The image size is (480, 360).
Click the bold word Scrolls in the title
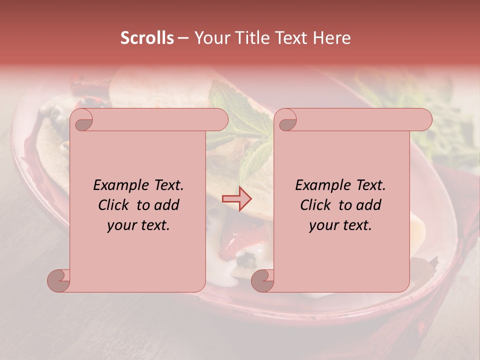[147, 38]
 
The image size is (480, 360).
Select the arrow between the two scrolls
[237, 199]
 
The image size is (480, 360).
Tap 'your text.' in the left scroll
[138, 225]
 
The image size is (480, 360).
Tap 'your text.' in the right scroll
[340, 225]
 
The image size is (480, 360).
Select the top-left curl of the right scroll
[287, 120]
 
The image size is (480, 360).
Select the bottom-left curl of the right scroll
[263, 280]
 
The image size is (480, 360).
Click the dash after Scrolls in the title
[183, 38]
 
